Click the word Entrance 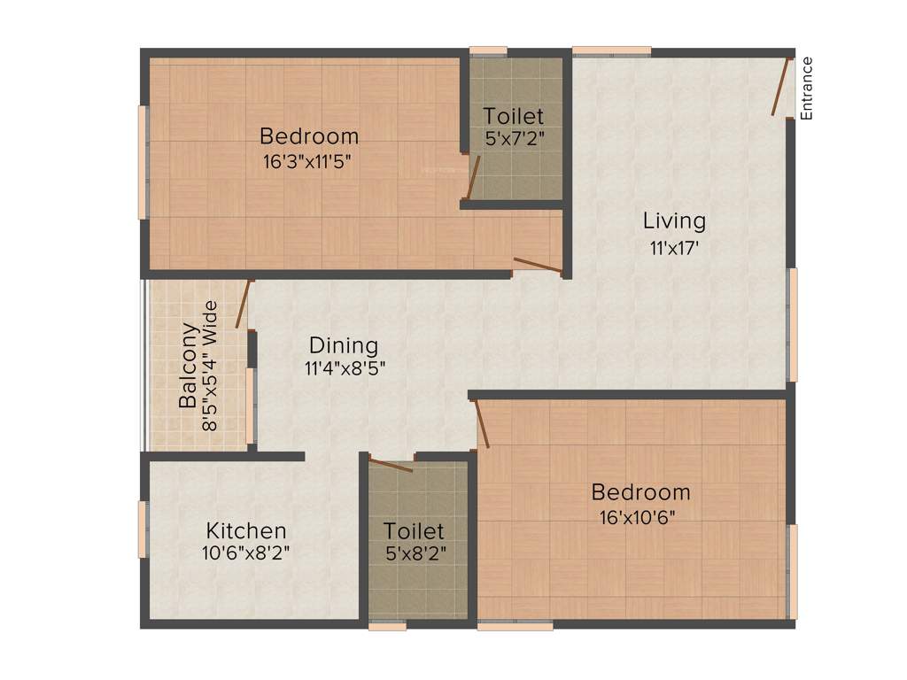point(806,88)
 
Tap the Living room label point(674,220)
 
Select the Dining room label point(343,345)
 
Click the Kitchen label point(246,531)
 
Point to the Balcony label point(189,367)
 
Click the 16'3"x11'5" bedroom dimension point(309,161)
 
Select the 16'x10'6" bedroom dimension point(640,517)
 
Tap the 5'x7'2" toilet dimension point(515,139)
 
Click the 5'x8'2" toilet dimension point(414,554)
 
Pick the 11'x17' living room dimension point(674,248)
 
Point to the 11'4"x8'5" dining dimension point(345,367)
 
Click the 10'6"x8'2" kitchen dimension point(246,553)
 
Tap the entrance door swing point(779,87)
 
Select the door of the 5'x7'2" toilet point(473,178)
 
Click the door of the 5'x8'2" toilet point(391,466)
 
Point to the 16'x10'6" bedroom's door point(482,423)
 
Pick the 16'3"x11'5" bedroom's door point(537,264)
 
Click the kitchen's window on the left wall point(142,529)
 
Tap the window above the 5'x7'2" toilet point(488,50)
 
